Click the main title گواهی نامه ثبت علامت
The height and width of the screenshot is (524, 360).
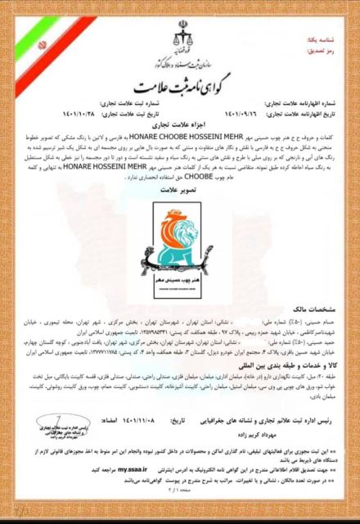coord(179,85)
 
